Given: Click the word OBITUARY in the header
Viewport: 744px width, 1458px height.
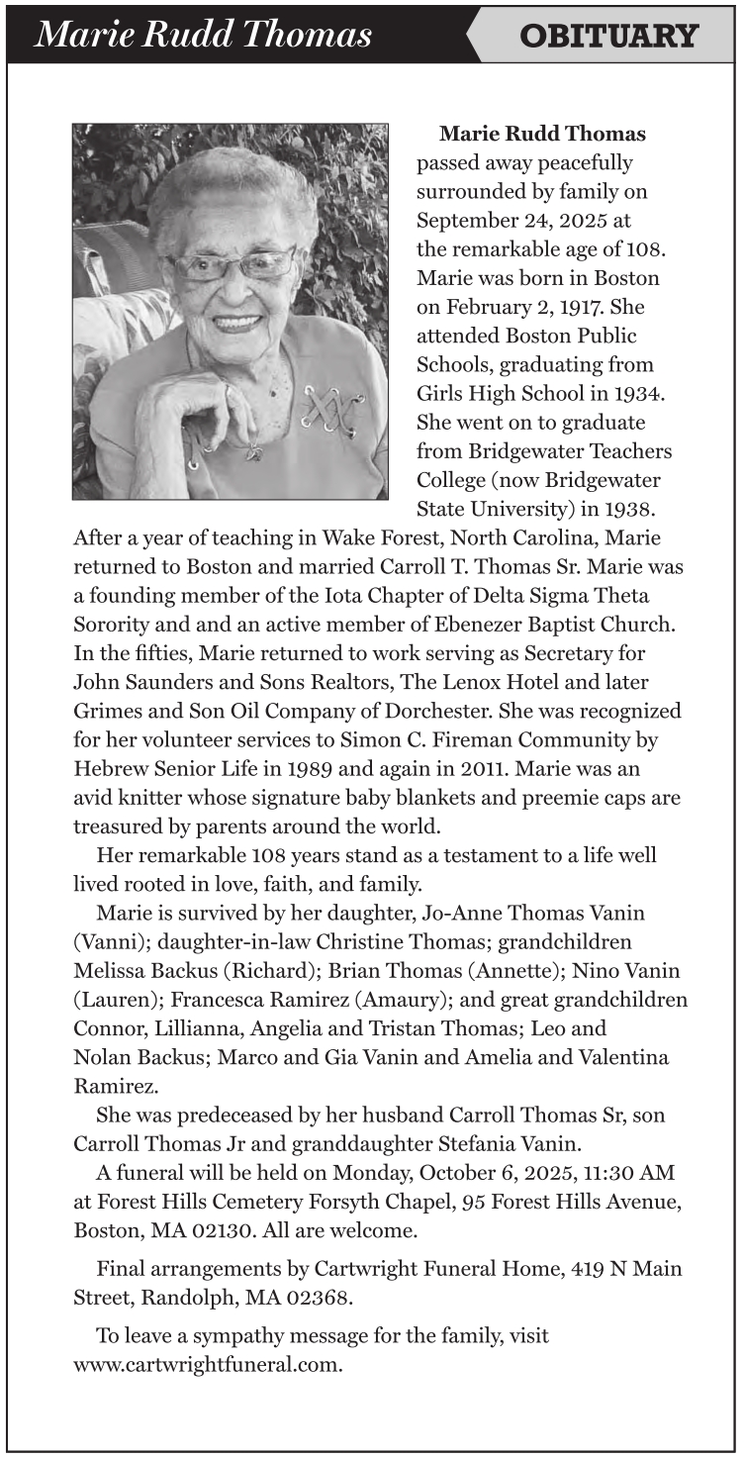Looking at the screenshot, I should point(608,37).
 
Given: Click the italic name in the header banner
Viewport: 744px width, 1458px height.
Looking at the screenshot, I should point(204,35).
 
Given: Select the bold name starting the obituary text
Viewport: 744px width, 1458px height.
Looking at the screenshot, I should point(542,134).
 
